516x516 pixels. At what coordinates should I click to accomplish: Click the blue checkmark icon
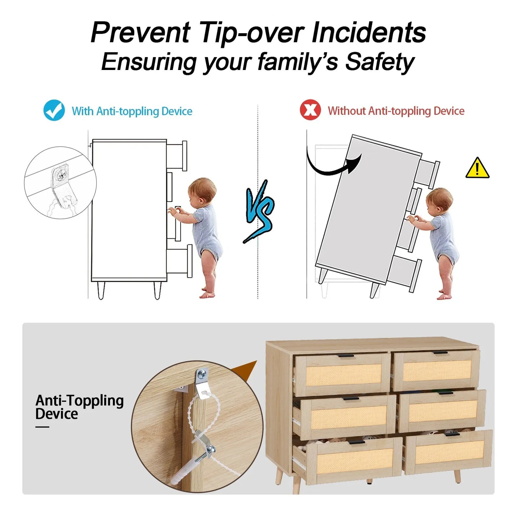[54, 110]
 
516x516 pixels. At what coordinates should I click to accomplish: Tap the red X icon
[310, 110]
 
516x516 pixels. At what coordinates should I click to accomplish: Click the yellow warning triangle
[477, 168]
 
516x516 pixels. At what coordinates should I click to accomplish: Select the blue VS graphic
[259, 211]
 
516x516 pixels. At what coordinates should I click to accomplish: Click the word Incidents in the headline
[369, 32]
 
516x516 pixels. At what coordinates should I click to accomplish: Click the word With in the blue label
[82, 111]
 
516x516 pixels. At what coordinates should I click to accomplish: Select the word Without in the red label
[347, 111]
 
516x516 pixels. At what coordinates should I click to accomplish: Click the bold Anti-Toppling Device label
[79, 407]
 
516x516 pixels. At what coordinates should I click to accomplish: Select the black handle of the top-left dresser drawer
[346, 356]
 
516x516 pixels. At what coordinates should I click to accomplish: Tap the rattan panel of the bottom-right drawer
[450, 452]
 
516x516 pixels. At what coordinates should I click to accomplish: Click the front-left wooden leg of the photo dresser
[297, 484]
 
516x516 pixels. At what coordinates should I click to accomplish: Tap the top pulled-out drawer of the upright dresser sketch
[176, 156]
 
